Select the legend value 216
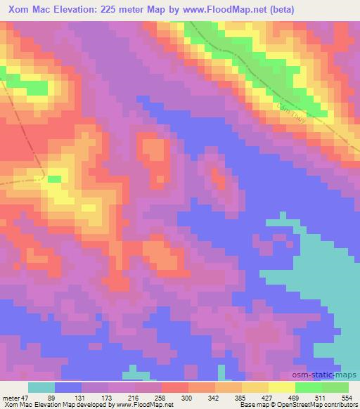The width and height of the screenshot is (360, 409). (x=150, y=398)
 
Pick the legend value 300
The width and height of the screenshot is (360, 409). (x=210, y=398)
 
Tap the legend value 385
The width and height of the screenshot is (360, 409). (x=270, y=398)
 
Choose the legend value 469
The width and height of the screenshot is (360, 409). (x=329, y=398)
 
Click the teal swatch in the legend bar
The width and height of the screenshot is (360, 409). (x=41, y=387)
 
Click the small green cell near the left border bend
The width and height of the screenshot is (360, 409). (x=54, y=178)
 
